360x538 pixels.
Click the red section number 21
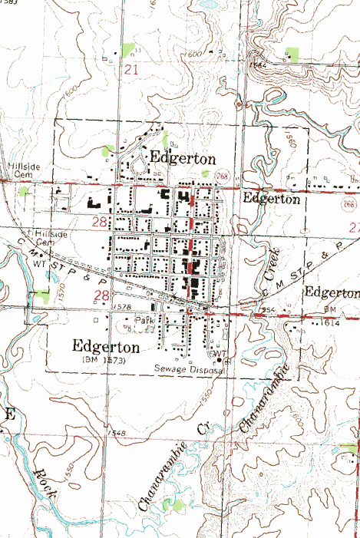[132, 71]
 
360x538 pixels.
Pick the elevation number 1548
[117, 434]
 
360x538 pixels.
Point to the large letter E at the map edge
[10, 415]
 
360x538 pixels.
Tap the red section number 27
[354, 227]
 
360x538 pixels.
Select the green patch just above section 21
[127, 51]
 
